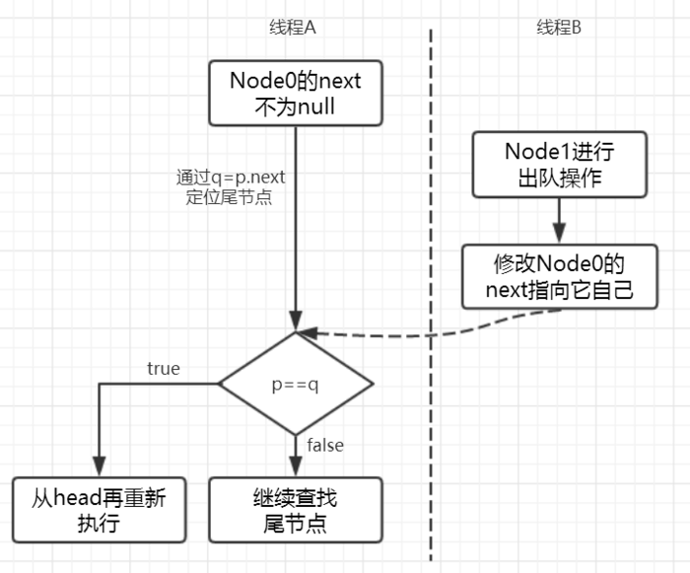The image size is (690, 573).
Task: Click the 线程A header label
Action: [293, 28]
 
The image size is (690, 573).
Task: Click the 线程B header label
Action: [558, 28]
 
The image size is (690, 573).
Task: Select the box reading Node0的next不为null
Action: [295, 93]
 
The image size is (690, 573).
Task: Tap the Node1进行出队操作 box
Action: [559, 165]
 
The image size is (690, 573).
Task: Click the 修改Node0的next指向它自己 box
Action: [559, 276]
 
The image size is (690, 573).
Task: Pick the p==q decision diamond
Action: [295, 384]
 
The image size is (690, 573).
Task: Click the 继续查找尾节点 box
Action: [295, 510]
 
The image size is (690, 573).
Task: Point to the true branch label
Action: [163, 368]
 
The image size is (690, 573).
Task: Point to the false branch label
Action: [324, 445]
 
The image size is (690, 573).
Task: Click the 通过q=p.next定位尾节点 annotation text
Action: [229, 187]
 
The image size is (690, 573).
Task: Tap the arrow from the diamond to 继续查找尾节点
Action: [295, 456]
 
